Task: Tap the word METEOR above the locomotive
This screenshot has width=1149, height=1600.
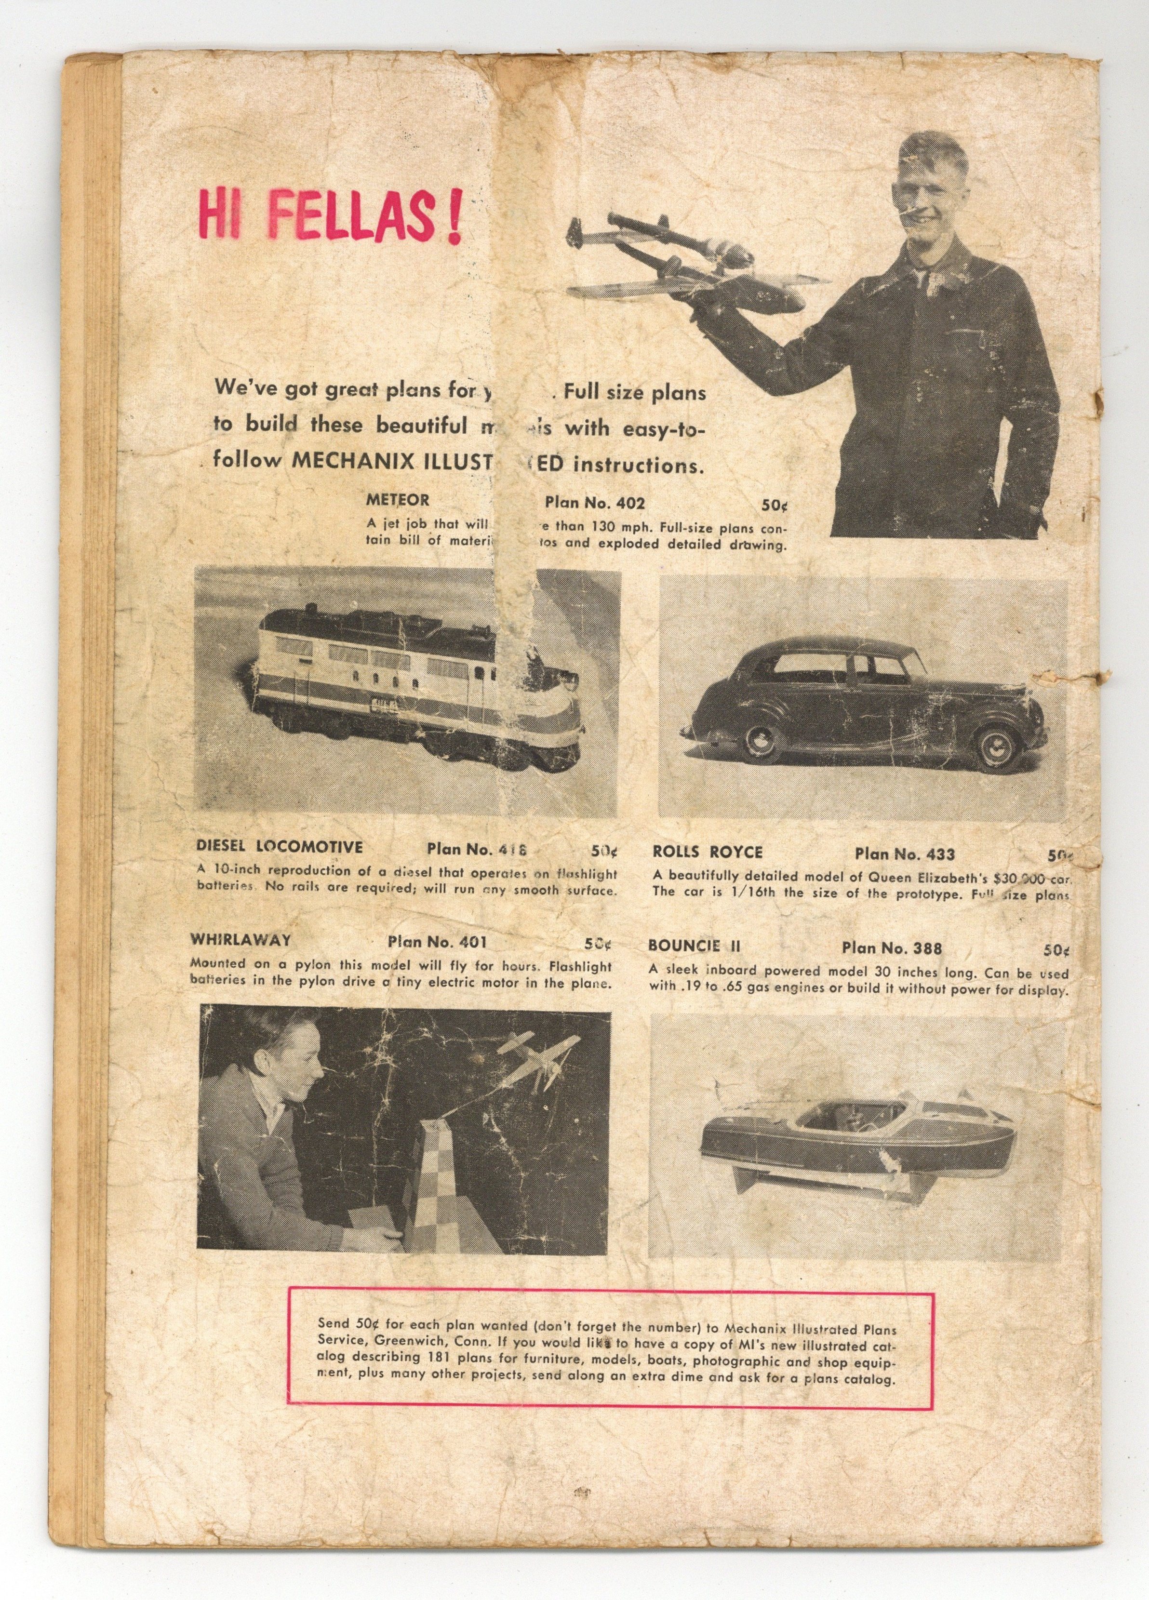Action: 397,500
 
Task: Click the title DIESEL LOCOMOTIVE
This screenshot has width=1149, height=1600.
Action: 280,847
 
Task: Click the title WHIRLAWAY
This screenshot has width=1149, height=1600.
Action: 240,940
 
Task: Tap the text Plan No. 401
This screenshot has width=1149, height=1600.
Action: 437,942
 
